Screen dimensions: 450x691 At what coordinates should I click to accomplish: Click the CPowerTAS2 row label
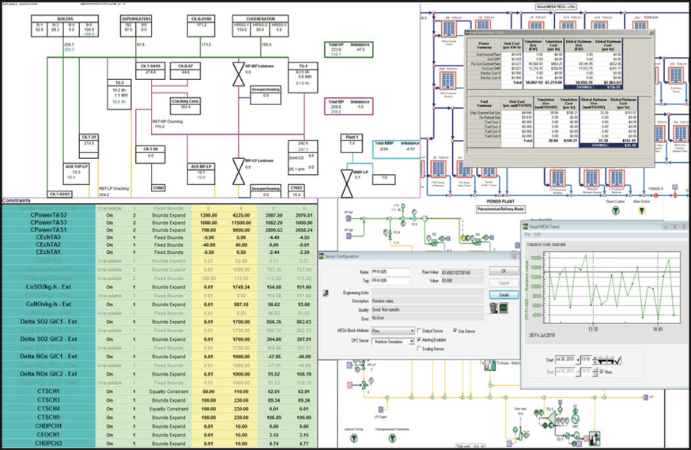tap(49, 214)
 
